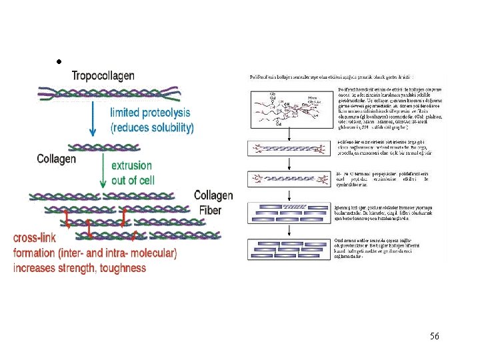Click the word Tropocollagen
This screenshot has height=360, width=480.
103,76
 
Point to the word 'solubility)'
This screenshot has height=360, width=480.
167,127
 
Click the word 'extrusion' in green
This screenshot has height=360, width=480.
131,165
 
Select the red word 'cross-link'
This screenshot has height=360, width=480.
35,238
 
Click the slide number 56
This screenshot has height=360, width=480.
435,336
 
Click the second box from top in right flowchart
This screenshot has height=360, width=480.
289,149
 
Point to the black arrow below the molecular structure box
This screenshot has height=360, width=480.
289,134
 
